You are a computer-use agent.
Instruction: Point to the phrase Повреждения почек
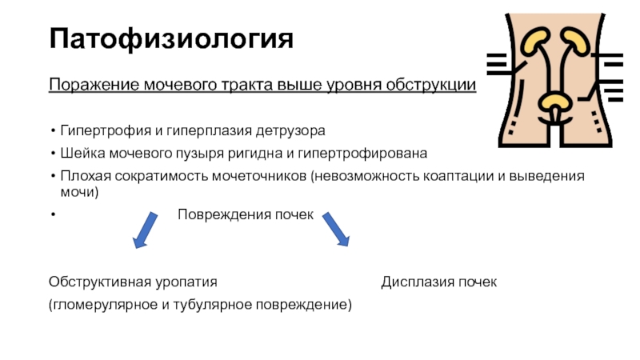[x=245, y=215]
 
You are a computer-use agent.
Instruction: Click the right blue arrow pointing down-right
[x=336, y=230]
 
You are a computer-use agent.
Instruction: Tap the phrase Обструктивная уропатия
[x=133, y=282]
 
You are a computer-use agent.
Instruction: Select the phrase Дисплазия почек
[x=439, y=282]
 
